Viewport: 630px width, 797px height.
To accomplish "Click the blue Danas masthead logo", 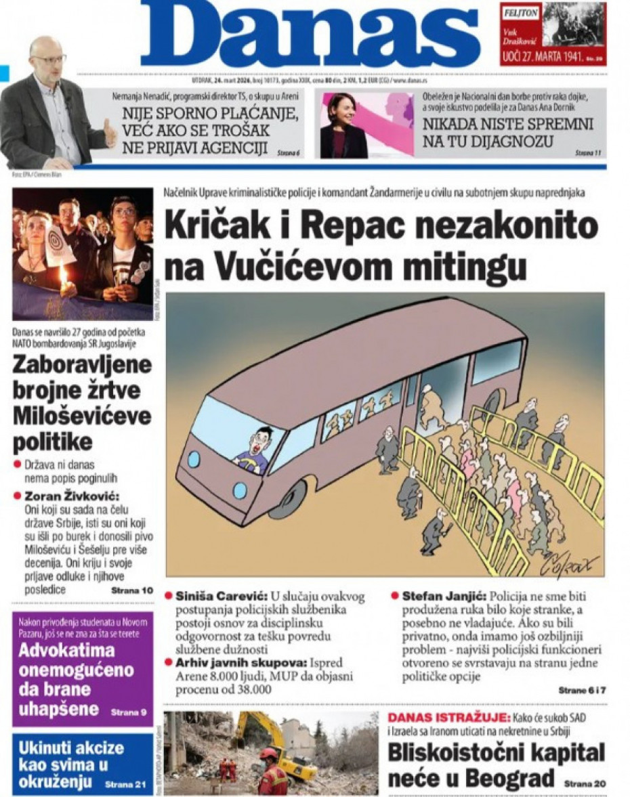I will point(301,34).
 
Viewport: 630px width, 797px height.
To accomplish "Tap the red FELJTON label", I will point(520,12).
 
